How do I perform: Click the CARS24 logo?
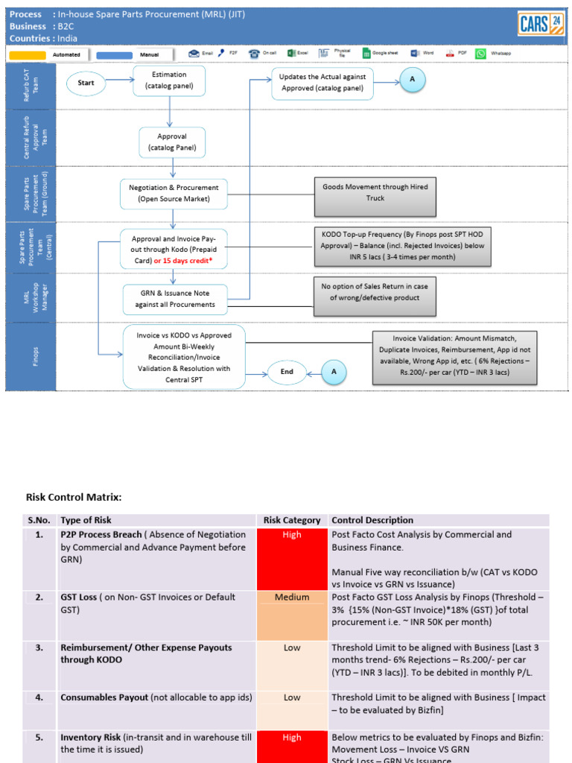pyautogui.click(x=541, y=24)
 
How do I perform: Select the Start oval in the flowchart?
pyautogui.click(x=86, y=83)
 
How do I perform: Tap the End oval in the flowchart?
pyautogui.click(x=287, y=372)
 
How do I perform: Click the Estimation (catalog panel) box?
pyautogui.click(x=169, y=80)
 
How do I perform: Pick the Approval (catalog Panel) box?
pyautogui.click(x=171, y=142)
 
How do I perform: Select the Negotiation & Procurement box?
pyautogui.click(x=174, y=193)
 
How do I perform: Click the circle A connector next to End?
pyautogui.click(x=334, y=371)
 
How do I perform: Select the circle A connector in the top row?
pyautogui.click(x=412, y=80)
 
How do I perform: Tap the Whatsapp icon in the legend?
pyautogui.click(x=480, y=54)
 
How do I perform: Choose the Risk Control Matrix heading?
pyautogui.click(x=74, y=497)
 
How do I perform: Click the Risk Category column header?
pyautogui.click(x=292, y=520)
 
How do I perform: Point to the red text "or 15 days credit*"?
pyautogui.click(x=189, y=261)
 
